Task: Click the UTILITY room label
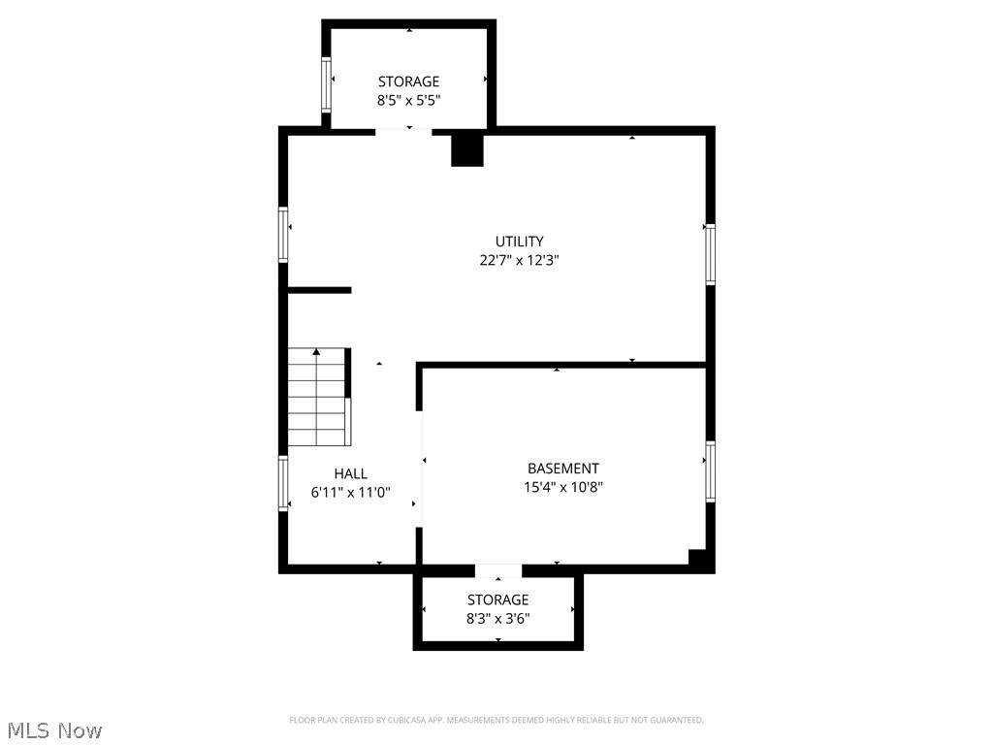[519, 242]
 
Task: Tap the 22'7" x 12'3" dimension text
[519, 260]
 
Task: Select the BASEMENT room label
[562, 469]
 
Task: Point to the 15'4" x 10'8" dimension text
[562, 488]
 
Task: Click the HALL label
[350, 473]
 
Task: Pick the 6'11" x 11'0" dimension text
[350, 492]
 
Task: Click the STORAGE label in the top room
[408, 81]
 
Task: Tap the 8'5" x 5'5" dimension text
[408, 100]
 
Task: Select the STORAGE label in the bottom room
[497, 599]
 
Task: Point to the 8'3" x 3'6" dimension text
[497, 618]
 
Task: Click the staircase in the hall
[317, 397]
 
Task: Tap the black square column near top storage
[467, 149]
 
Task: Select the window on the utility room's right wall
[710, 254]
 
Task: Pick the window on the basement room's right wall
[710, 472]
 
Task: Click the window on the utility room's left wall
[284, 235]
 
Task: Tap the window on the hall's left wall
[284, 483]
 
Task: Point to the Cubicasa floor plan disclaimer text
[496, 720]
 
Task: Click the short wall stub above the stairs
[319, 289]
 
